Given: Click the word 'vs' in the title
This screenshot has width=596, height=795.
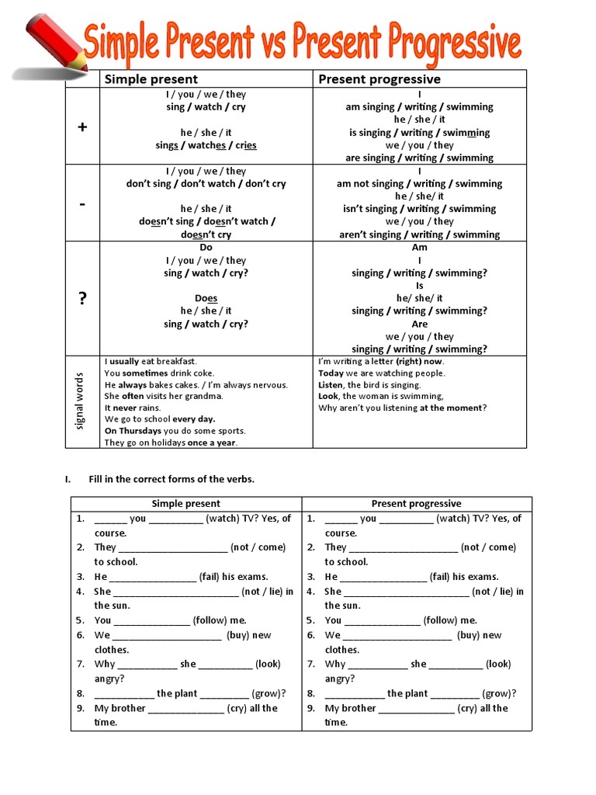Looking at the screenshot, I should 293,44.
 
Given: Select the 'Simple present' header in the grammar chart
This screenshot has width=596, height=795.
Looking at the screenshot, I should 151,79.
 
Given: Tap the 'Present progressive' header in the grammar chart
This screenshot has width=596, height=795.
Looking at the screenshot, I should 379,79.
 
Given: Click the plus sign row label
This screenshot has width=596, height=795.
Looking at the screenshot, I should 82,127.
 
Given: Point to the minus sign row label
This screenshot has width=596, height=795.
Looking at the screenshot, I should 82,203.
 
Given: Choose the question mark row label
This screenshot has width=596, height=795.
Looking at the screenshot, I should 82,299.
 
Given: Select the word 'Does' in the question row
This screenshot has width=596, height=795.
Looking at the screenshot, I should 206,298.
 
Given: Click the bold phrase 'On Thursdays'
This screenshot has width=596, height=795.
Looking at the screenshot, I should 132,431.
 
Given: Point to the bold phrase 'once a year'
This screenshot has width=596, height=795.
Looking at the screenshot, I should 212,443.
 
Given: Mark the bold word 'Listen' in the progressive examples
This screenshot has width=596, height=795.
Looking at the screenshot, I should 331,385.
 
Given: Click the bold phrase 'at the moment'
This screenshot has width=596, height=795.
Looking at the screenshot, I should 452,408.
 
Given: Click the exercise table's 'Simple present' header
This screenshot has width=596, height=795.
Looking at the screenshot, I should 185,504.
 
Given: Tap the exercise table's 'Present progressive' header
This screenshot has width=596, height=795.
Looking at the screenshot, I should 416,504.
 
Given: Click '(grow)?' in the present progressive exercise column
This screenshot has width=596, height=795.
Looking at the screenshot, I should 499,694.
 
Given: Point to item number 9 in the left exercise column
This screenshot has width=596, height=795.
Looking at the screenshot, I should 80,708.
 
